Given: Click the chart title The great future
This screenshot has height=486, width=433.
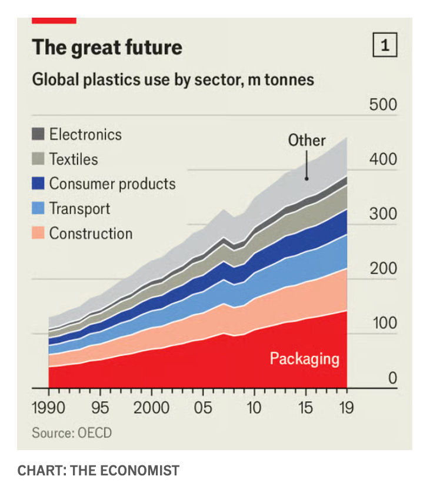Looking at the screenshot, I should coord(107,47).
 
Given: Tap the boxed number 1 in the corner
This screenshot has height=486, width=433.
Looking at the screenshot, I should coord(385,46).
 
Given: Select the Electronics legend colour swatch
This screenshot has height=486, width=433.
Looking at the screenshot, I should coord(38,134).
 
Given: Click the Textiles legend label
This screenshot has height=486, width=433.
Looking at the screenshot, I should coord(74,159).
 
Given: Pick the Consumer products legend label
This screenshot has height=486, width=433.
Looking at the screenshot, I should coord(112,184).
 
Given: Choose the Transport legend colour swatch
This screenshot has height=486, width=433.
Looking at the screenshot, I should coord(38,208).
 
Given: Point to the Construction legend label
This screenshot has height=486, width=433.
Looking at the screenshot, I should coord(91,233).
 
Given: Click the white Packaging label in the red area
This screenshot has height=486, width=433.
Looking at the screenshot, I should coord(304,358).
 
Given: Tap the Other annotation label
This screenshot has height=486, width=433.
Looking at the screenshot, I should coord(307,140).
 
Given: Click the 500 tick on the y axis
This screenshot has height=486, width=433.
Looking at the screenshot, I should coord(383,105).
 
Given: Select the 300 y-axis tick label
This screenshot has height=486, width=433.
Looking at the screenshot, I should coord(383,214).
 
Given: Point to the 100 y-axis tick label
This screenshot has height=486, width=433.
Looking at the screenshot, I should coord(383,323).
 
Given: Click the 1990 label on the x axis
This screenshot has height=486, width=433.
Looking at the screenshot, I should coord(49,408).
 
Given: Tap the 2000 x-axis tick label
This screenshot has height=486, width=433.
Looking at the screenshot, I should coord(152,408).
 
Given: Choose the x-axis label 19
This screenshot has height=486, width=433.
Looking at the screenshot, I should coord(347,408).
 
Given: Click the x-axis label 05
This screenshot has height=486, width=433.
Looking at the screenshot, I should coord(203,408).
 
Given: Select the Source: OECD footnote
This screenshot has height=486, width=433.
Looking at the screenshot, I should coord(72,433).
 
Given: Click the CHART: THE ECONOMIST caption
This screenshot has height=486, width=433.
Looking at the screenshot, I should coord(98,470).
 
